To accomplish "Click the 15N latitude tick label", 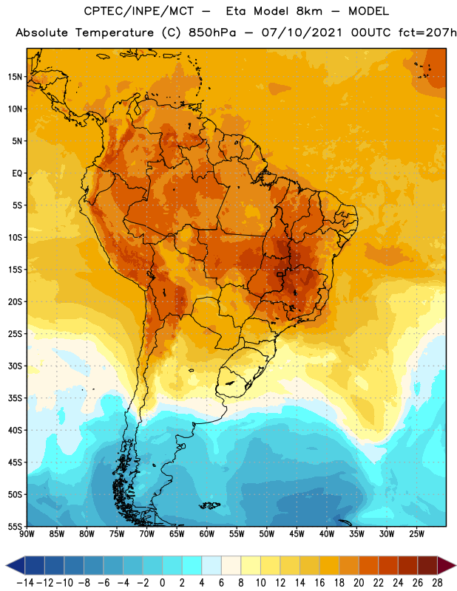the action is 15,77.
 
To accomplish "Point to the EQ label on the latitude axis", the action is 17,174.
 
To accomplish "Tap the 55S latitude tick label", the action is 15,526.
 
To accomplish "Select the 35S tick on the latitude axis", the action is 15,398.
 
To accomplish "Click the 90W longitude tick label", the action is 27,534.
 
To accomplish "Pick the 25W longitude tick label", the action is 416,534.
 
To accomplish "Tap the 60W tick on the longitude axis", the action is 207,534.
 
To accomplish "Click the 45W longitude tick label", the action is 297,534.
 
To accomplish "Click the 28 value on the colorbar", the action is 437,583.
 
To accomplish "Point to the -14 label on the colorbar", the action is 25,583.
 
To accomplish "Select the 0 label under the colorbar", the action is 162,583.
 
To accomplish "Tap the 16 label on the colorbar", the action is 319,583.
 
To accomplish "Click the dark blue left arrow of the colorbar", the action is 16,565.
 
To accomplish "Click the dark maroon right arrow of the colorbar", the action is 447,565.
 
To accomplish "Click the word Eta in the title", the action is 236,11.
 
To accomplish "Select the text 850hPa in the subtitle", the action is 212,33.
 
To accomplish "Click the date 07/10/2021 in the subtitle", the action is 302,33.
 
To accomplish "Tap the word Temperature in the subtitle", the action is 115,33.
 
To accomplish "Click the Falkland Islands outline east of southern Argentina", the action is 209,505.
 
